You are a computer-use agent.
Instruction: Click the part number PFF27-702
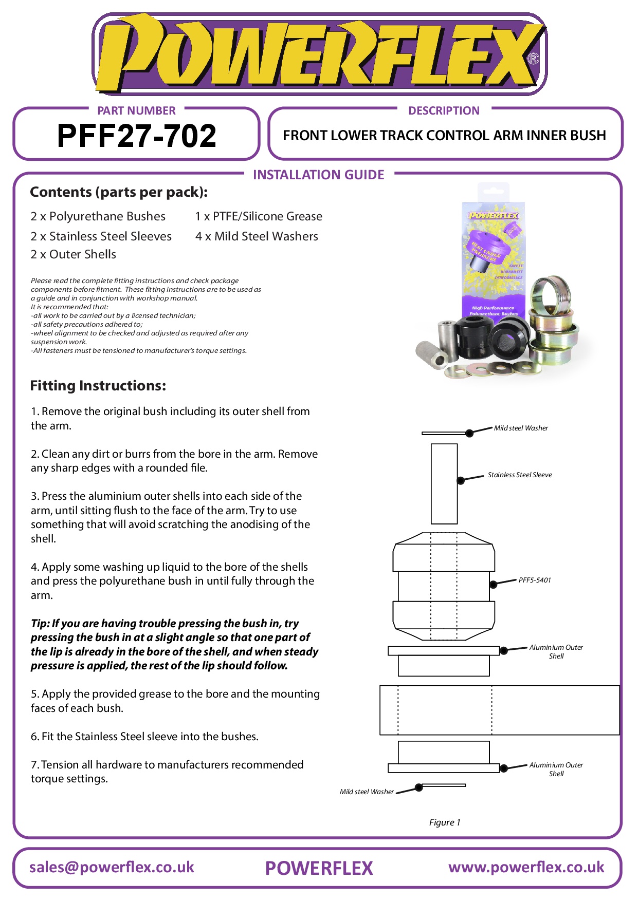coord(136,136)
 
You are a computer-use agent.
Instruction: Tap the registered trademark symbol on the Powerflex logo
coord(533,59)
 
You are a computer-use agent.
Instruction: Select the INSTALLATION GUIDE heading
coord(318,175)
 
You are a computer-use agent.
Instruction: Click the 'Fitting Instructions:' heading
coord(98,386)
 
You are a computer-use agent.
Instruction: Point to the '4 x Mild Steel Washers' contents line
coord(257,236)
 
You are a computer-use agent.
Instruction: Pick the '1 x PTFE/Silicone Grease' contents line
coord(259,216)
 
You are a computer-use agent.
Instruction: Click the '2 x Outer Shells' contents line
coord(74,254)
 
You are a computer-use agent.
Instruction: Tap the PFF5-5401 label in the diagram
coord(535,580)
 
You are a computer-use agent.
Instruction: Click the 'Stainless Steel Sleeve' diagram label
coord(520,475)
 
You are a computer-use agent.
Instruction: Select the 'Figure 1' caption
coord(445,822)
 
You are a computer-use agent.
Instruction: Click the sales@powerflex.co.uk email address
coord(112,867)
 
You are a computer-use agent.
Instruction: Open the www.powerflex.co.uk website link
coord(526,867)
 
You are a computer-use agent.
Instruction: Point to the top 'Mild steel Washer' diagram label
coord(521,428)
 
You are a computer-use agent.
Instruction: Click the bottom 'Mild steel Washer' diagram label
coord(367,792)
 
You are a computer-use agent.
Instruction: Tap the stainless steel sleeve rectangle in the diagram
coord(444,483)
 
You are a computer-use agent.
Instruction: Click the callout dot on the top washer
coord(469,433)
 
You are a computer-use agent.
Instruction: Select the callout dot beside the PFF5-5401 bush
coord(493,584)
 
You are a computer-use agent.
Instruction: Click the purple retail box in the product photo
coord(494,257)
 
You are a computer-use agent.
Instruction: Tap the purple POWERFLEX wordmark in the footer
coord(319,868)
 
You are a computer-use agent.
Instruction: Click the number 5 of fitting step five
coord(33,694)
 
